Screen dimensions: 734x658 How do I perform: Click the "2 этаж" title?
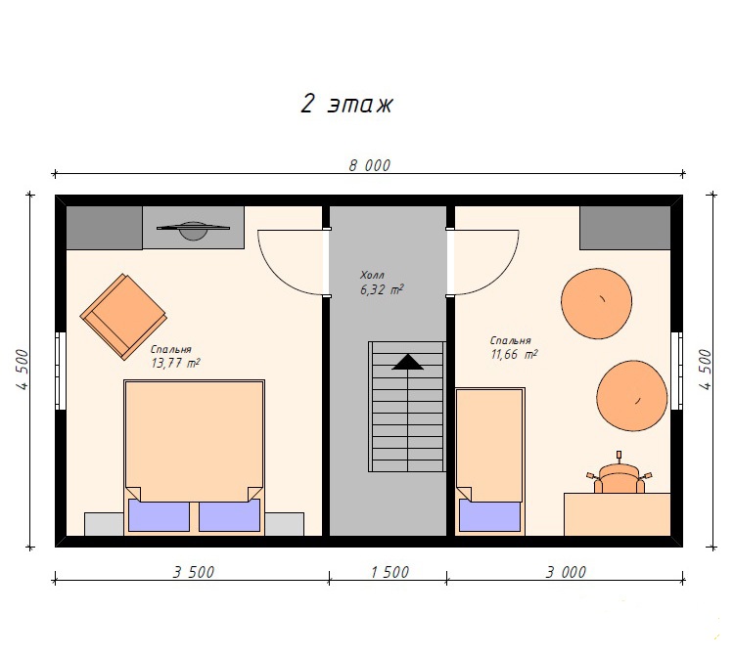click(x=346, y=104)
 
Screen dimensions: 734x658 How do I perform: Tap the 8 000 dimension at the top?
click(x=369, y=165)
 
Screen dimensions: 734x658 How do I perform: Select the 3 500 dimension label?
click(x=194, y=572)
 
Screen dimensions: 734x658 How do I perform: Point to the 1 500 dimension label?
click(x=390, y=572)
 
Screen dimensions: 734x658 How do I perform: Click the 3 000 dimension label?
click(x=566, y=572)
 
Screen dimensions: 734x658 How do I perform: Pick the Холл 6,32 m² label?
click(x=381, y=283)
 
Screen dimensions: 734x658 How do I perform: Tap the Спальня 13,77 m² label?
click(x=175, y=356)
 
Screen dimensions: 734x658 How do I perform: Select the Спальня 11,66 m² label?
click(x=514, y=347)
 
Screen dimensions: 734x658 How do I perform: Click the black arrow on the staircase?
click(x=408, y=362)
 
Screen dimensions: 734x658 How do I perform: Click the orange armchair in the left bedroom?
click(x=123, y=317)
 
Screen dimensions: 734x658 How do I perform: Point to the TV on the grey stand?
click(x=193, y=230)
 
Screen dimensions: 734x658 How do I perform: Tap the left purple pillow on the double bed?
click(x=159, y=515)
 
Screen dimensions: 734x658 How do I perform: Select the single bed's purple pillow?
click(x=489, y=515)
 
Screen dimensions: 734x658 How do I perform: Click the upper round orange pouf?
click(x=596, y=303)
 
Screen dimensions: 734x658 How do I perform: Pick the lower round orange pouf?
click(x=631, y=395)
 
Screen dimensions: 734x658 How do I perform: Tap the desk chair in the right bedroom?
click(x=619, y=476)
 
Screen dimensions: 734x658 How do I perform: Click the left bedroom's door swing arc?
click(x=279, y=274)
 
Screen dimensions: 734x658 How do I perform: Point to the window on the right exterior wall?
click(x=676, y=371)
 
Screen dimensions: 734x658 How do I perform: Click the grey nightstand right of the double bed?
click(x=284, y=524)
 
